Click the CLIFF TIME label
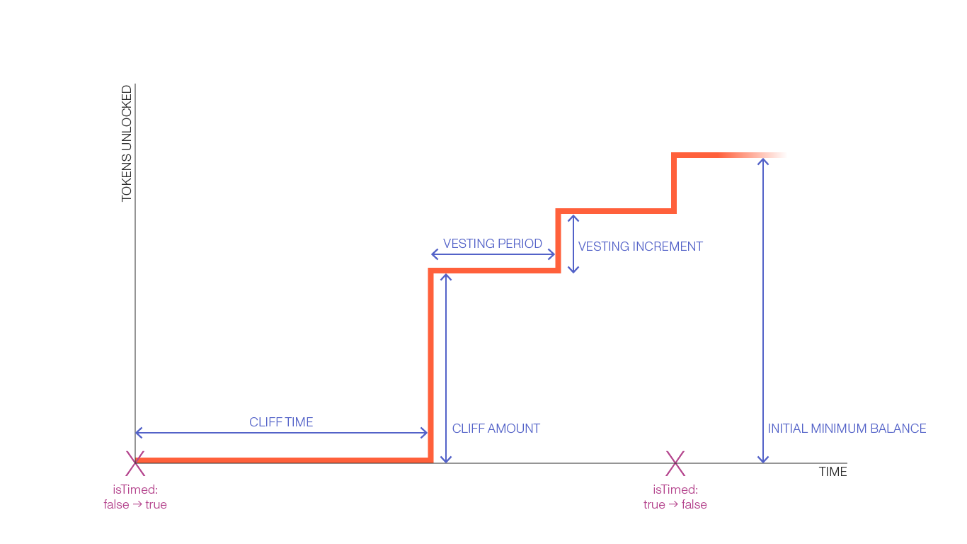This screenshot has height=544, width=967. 281,423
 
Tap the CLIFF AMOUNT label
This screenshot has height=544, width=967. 496,429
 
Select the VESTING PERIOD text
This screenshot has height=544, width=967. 492,244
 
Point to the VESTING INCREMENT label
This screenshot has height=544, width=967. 640,246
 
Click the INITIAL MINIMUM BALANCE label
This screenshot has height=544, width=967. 847,429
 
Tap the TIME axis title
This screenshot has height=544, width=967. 832,472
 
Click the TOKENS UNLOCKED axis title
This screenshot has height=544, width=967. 127,143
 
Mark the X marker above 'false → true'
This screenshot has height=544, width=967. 135,463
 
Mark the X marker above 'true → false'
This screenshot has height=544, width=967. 675,463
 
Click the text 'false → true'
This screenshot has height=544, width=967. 135,505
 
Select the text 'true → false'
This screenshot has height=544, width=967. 675,505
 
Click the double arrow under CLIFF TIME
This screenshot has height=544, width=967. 281,433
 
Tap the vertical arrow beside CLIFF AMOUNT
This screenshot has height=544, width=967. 445,368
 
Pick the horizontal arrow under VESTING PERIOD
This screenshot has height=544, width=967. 493,254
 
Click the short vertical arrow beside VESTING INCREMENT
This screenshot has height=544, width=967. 573,243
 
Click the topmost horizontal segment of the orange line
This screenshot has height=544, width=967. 729,155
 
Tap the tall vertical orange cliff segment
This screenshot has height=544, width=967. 430,365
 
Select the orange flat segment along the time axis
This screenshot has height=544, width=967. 283,460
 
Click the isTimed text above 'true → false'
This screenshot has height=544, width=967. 675,489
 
